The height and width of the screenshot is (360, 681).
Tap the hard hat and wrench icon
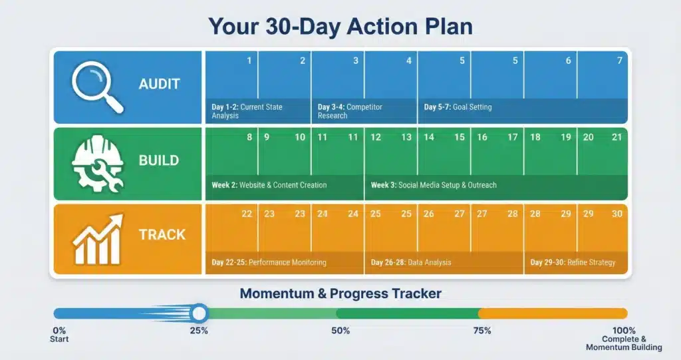tap(97, 162)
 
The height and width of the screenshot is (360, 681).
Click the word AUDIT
tap(159, 85)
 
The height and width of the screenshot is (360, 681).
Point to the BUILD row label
tap(158, 160)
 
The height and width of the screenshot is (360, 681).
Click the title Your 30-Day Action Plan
tap(340, 26)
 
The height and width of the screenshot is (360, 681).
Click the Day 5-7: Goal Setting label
tap(458, 106)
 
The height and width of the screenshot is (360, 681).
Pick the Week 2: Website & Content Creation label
tap(269, 185)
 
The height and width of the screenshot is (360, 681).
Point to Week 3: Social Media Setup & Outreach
tap(434, 185)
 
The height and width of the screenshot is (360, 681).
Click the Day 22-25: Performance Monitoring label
tap(269, 262)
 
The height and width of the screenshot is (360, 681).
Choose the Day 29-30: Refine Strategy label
tap(573, 262)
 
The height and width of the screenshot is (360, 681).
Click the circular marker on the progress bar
tap(199, 313)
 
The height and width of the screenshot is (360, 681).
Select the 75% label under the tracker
tap(482, 331)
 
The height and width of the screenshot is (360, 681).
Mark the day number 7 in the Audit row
tap(620, 61)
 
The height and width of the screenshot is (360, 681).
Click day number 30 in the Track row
tap(617, 214)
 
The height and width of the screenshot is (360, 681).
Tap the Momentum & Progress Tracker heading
tap(340, 293)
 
